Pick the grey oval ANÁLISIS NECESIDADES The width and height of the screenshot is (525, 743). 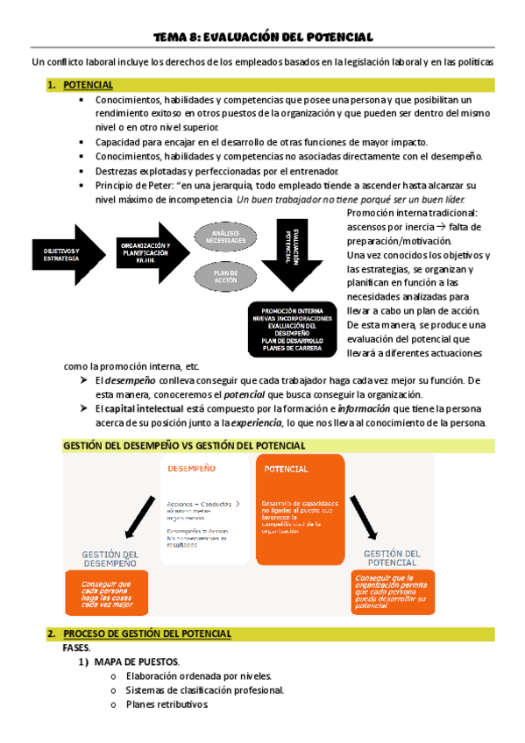click(x=225, y=237)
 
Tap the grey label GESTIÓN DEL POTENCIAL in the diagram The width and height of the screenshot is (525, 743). click(x=392, y=558)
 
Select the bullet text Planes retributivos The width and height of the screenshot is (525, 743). click(x=167, y=704)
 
